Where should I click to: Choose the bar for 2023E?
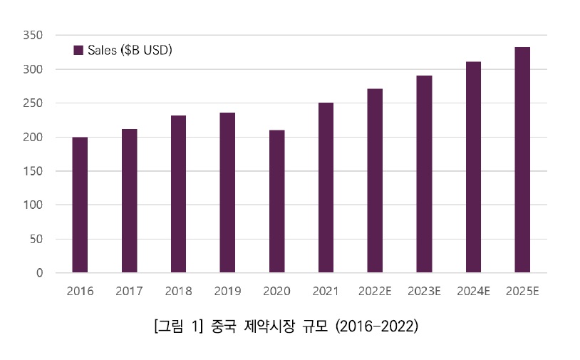coord(424,174)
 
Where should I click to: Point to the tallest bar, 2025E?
coord(522,160)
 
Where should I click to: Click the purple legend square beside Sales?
coord(79,50)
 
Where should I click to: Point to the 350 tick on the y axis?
coord(33,35)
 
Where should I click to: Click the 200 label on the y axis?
coord(33,137)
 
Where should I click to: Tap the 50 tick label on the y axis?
coord(36,239)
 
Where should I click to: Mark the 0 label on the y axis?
coord(40,272)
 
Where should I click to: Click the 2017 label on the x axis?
coord(129,291)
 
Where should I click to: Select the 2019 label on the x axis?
coord(227,291)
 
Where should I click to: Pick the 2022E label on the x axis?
coord(375,291)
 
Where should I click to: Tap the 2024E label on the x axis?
coord(473,291)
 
